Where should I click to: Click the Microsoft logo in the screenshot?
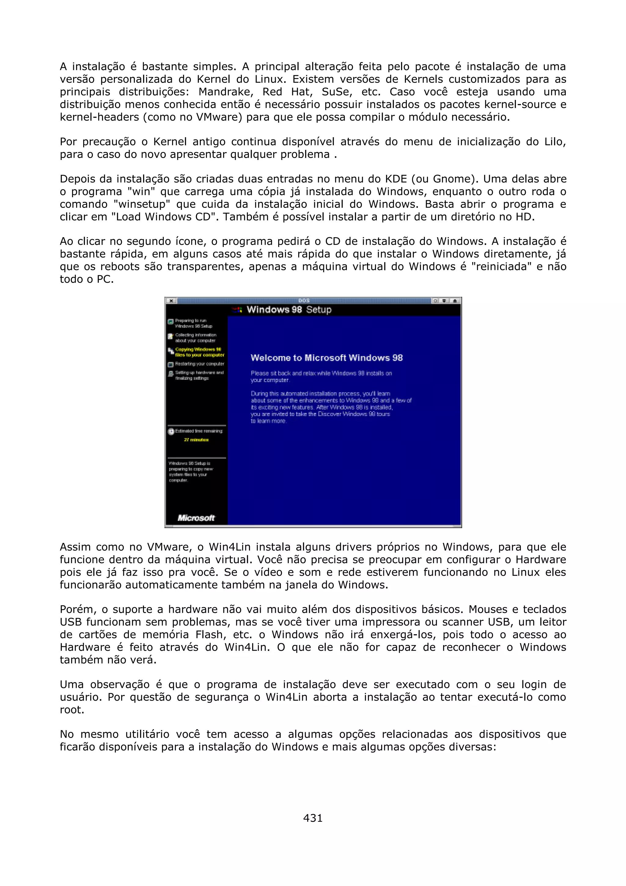click(196, 518)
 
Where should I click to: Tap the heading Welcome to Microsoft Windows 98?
click(326, 358)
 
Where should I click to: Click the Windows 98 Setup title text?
click(289, 309)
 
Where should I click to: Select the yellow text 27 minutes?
click(196, 440)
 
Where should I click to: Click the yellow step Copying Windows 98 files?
click(199, 352)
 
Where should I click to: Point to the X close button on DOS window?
click(171, 301)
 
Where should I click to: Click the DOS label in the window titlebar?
click(304, 301)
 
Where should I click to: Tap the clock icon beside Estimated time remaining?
click(171, 431)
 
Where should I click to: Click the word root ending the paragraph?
click(72, 710)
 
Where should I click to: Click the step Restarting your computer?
click(199, 364)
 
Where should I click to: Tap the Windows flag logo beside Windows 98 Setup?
click(237, 309)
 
